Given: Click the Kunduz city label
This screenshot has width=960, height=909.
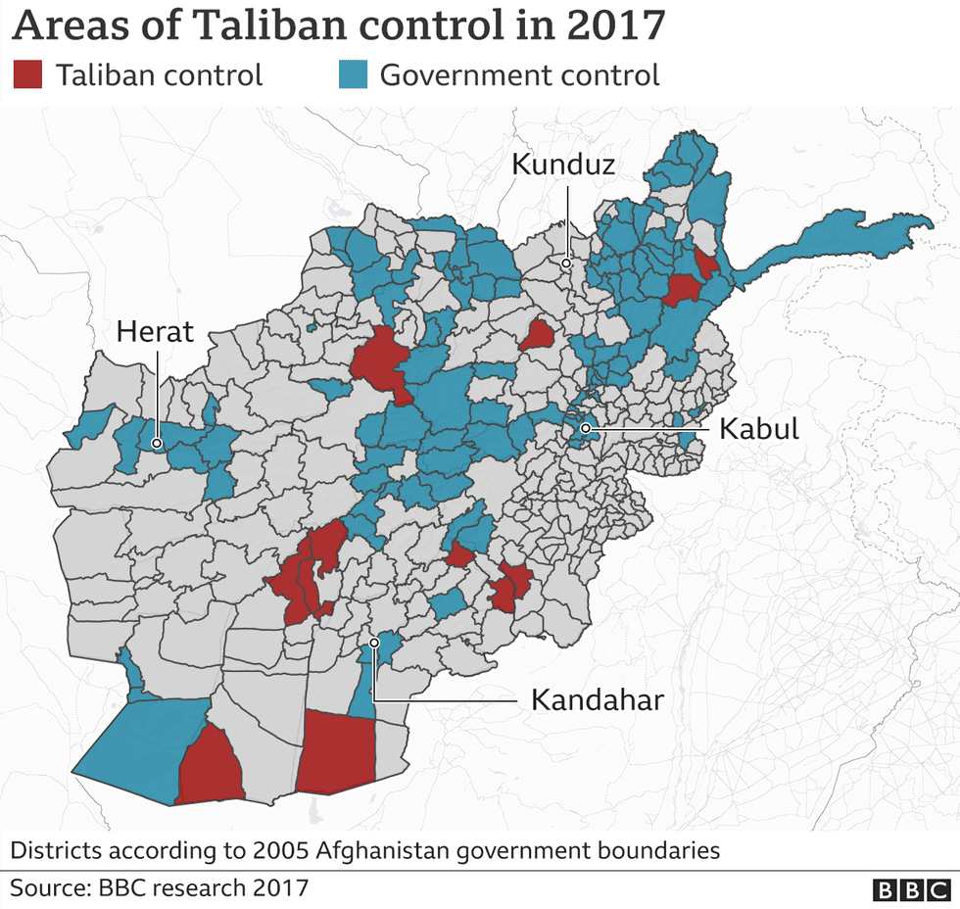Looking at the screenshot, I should [563, 165].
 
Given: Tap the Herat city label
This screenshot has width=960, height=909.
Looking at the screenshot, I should [155, 332].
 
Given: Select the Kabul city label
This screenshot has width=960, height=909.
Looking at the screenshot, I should [759, 429].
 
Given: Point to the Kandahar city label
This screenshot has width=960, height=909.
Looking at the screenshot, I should [598, 699].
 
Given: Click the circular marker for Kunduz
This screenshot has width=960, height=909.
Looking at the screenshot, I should [566, 263].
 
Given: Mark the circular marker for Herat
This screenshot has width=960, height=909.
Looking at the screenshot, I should [156, 444].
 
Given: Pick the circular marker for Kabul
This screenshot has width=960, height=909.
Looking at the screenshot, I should [585, 428].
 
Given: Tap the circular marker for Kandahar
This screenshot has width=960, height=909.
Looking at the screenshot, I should [374, 644].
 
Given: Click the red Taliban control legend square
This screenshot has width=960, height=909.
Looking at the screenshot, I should [27, 75].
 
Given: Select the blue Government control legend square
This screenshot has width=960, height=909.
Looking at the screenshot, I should [351, 75].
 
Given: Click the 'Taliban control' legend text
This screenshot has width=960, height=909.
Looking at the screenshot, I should [159, 75].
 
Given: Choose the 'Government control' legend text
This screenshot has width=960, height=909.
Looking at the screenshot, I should [519, 75].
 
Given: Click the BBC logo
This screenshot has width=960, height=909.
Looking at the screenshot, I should [910, 889].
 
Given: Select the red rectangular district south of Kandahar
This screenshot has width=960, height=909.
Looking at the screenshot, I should [336, 752].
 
